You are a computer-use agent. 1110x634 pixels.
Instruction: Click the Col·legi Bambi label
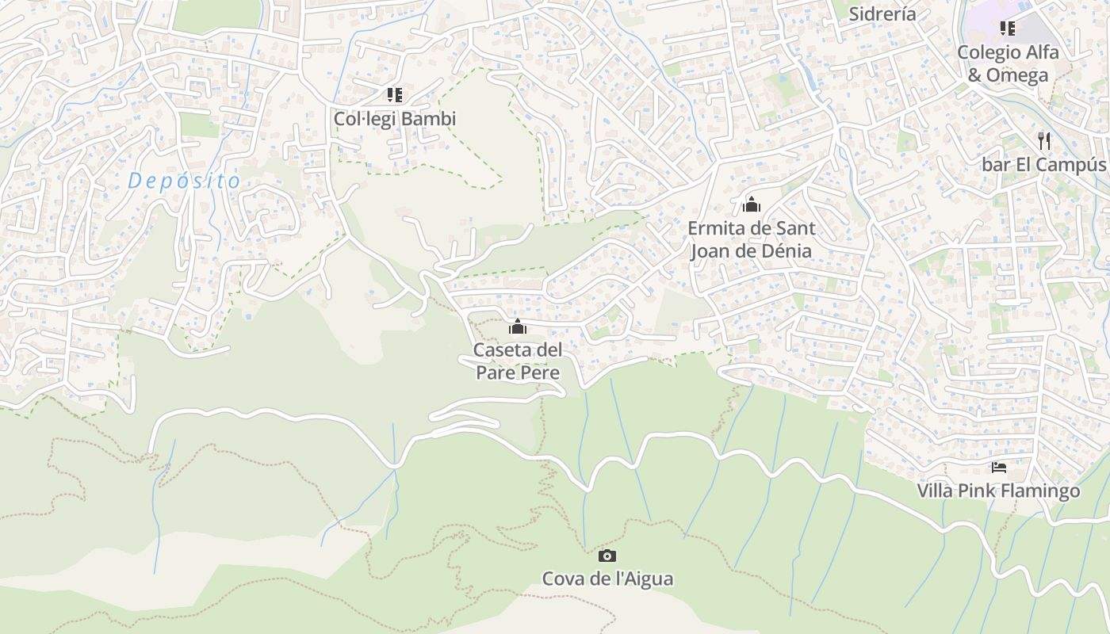[x=395, y=119]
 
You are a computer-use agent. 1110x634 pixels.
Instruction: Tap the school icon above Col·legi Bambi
[x=395, y=95]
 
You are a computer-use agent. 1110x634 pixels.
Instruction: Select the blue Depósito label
[x=184, y=181]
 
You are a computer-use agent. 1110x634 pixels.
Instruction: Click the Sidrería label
[x=882, y=13]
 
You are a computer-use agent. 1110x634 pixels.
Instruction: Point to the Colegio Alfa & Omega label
[x=1008, y=63]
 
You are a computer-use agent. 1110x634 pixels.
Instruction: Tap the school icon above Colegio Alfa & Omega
[x=1008, y=29]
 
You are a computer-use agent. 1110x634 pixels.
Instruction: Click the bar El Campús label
[x=1043, y=165]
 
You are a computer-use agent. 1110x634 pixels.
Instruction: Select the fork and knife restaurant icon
[x=1044, y=141]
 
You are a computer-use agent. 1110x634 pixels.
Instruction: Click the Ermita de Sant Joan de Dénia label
[x=751, y=239]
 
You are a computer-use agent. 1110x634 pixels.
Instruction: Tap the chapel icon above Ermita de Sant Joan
[x=751, y=205]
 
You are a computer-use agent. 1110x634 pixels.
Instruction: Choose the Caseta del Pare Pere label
[x=518, y=361]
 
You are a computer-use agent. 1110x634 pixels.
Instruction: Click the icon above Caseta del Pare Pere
[x=518, y=327]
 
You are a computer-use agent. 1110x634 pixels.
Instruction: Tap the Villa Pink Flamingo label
[x=998, y=491]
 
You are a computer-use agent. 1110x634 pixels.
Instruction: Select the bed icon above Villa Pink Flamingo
[x=999, y=468]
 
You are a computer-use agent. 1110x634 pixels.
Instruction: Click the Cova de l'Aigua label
[x=607, y=579]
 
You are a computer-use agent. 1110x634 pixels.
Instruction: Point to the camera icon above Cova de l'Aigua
[x=607, y=556]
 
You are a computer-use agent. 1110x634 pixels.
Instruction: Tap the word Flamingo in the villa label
[x=1040, y=491]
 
